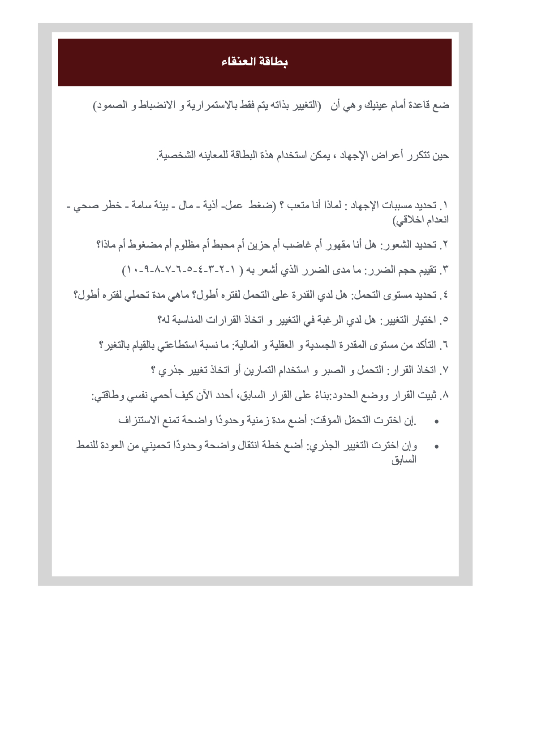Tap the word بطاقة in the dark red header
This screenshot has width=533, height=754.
(273, 62)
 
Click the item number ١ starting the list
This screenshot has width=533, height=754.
(445, 206)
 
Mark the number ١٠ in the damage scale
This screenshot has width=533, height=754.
(132, 270)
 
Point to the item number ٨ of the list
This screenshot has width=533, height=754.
(445, 395)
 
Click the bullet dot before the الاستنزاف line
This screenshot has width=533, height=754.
(437, 421)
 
